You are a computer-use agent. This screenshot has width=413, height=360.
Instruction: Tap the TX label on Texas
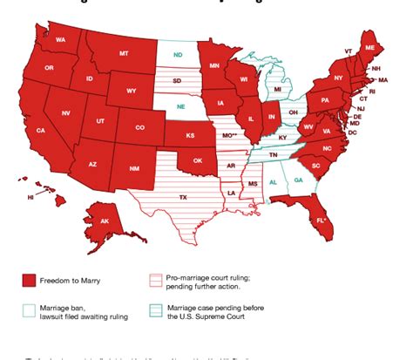[x=183, y=198]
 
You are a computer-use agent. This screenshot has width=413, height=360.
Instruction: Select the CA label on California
[x=40, y=130]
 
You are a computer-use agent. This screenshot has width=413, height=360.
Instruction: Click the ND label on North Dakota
[x=178, y=55]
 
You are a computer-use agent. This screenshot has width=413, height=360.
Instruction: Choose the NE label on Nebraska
[x=180, y=106]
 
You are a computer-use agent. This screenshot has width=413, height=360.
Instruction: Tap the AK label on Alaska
[x=105, y=221]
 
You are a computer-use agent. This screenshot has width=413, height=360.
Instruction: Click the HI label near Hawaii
[x=30, y=198]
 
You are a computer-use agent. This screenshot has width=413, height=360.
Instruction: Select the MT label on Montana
[x=124, y=53]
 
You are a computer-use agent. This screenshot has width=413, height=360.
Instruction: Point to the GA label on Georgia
[x=299, y=180]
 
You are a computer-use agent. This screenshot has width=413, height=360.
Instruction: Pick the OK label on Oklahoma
[x=197, y=160]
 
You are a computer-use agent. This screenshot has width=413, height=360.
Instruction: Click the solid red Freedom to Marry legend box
[x=29, y=280]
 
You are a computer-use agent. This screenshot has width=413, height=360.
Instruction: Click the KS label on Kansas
[x=190, y=136]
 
